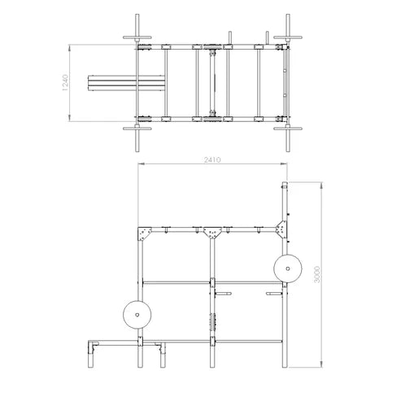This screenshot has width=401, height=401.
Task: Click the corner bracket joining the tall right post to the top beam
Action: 281,229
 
